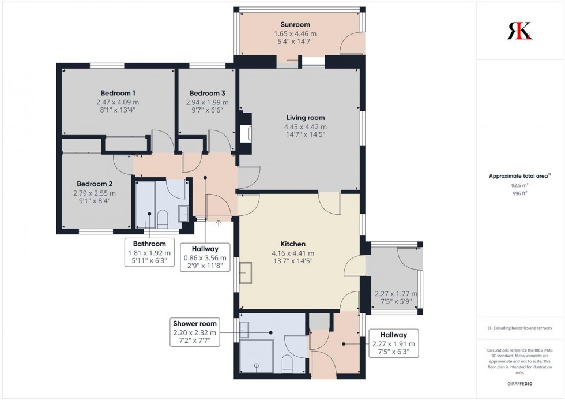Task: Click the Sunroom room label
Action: tap(295, 25)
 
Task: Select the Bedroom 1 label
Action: tap(118, 93)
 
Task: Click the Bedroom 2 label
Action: tap(94, 184)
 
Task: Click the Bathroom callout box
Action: tap(149, 253)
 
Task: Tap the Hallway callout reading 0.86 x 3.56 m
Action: tap(205, 258)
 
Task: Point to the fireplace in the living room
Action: tap(246, 133)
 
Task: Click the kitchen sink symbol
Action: tap(246, 273)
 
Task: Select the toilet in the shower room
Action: tap(287, 364)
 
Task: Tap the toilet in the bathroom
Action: tap(162, 218)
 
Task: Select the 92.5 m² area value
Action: tap(519, 185)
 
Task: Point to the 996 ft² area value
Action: tap(519, 194)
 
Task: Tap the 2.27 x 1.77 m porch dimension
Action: tap(395, 297)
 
